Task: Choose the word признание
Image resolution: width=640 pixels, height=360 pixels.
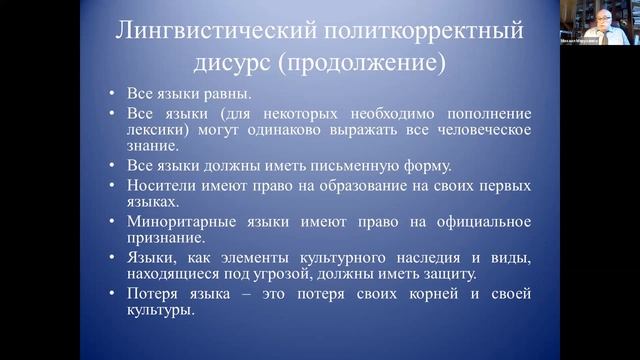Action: (x=162, y=237)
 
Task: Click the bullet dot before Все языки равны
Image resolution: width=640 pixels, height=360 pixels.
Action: (x=113, y=95)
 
